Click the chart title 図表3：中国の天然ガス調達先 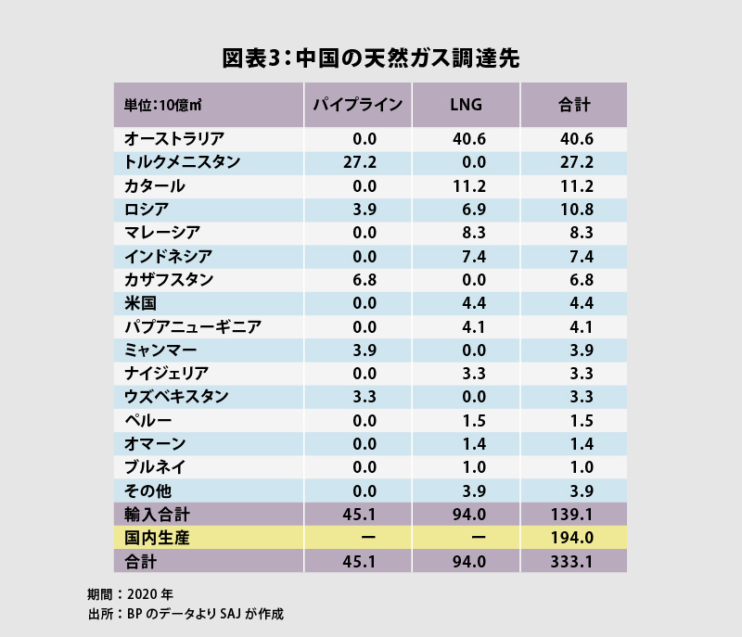371,57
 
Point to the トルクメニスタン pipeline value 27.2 357,162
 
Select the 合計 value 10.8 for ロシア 575,209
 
